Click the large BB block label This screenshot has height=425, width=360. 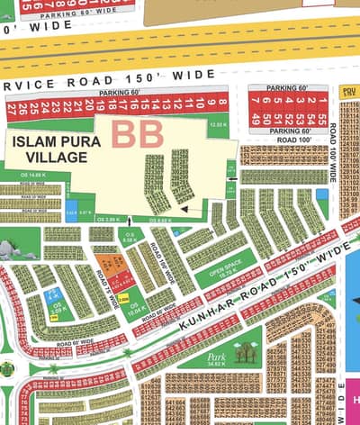pos(138,134)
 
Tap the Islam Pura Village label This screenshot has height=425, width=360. pos(49,149)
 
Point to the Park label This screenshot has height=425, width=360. pos(216,357)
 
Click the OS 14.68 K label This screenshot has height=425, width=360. pos(31,175)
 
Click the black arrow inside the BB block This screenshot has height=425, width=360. pos(184,207)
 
